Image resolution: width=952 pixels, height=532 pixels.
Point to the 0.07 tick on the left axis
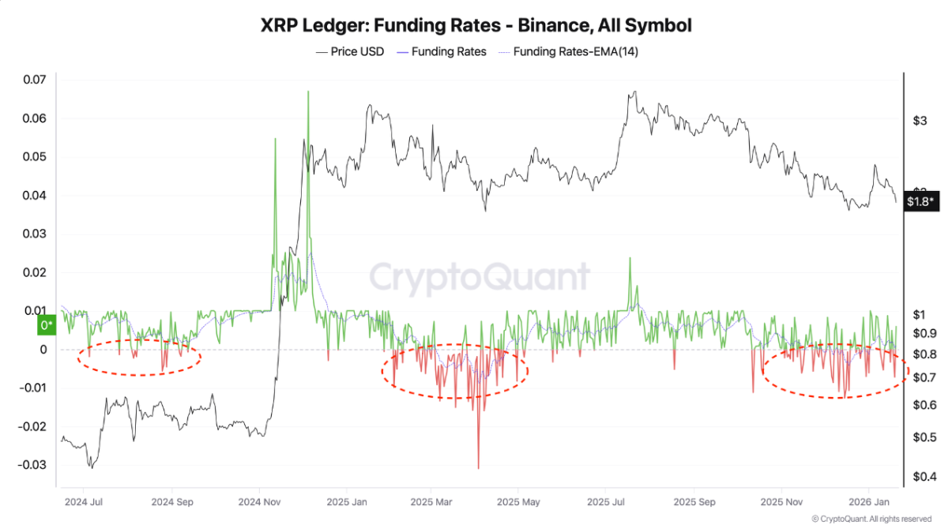pyautogui.click(x=36, y=80)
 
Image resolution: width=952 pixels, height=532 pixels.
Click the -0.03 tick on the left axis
pyautogui.click(x=32, y=465)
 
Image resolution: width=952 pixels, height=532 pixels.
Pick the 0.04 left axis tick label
pyautogui.click(x=36, y=196)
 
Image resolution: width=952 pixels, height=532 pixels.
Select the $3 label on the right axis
pyautogui.click(x=920, y=121)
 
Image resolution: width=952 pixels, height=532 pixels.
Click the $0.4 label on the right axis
pyautogui.click(x=925, y=476)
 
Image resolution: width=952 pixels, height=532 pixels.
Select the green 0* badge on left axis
pyautogui.click(x=47, y=325)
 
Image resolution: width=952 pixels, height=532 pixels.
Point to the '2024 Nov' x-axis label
pyautogui.click(x=261, y=500)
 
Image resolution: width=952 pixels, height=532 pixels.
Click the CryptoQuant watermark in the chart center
pyautogui.click(x=480, y=278)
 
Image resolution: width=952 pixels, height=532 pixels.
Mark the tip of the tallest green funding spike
pyautogui.click(x=307, y=91)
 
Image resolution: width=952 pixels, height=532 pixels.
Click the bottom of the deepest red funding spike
pyautogui.click(x=478, y=468)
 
